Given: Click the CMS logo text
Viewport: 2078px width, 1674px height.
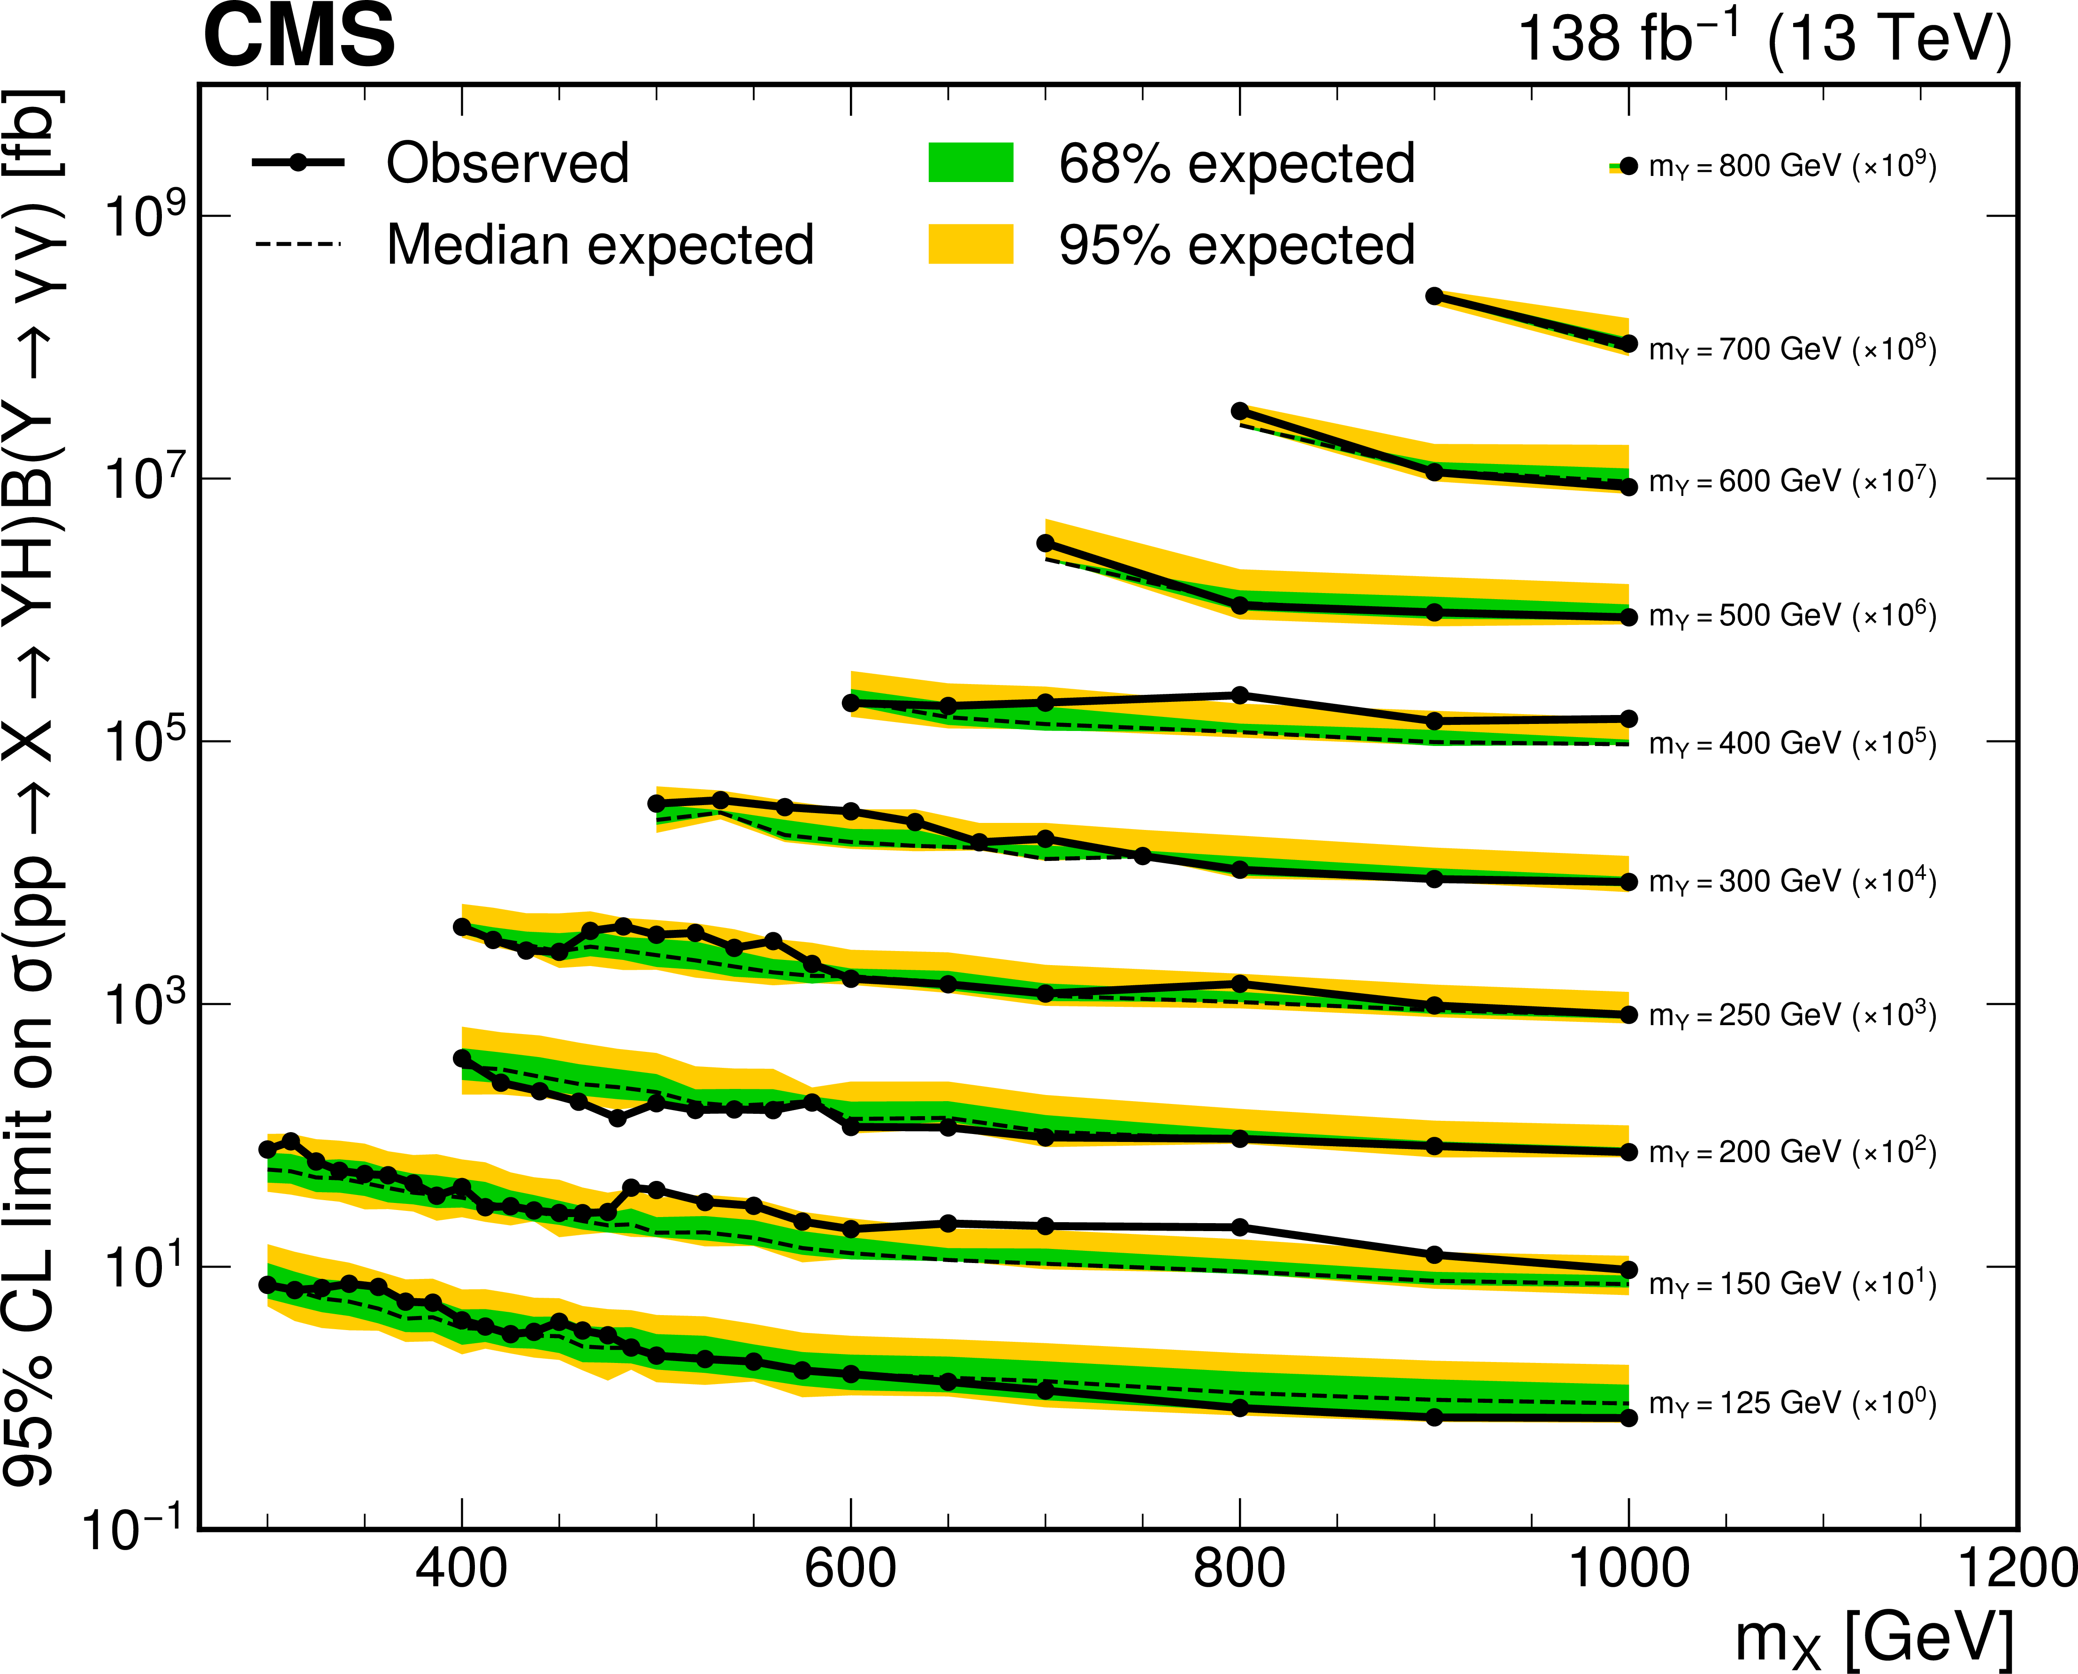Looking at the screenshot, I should coord(299,37).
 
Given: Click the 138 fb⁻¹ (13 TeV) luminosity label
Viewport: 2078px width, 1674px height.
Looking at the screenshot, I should coord(1765,40).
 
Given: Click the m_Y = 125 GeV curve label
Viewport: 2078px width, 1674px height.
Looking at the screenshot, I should coord(1792,1403).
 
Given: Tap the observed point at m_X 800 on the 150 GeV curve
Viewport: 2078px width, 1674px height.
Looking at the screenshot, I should coord(1240,1227).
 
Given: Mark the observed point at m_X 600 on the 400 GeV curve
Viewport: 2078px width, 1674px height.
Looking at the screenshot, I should coord(850,703).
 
